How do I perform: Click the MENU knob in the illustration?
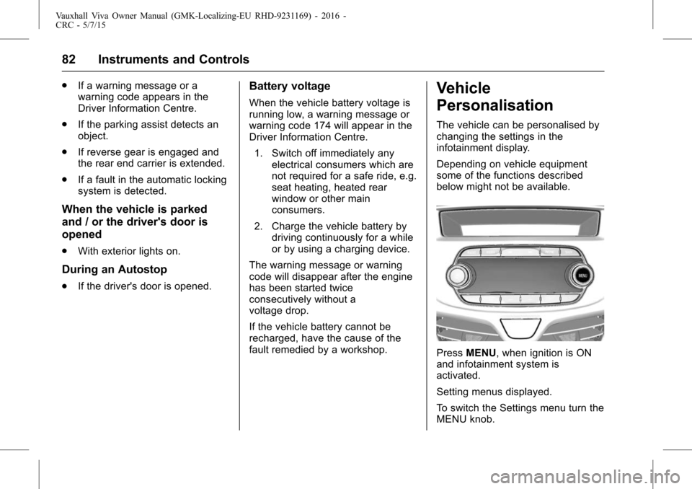(582, 275)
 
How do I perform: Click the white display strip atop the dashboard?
(519, 230)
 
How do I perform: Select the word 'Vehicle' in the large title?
(463, 89)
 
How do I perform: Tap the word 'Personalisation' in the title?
(494, 106)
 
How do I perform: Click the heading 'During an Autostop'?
(115, 270)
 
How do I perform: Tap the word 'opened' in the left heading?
(81, 235)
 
